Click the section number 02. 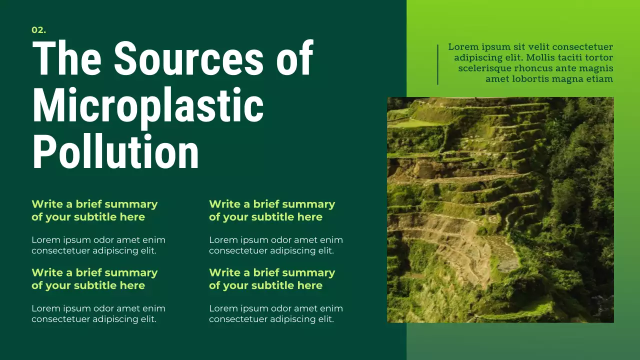[x=38, y=30]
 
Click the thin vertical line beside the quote [x=437, y=64]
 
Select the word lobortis [x=527, y=79]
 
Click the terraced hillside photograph [x=500, y=210]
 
